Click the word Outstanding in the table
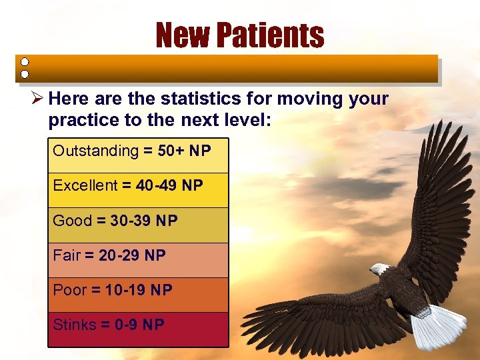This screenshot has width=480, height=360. click(95, 151)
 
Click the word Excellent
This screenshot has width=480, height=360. click(85, 185)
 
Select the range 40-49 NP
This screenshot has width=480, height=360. click(169, 185)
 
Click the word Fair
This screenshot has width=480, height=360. click(67, 255)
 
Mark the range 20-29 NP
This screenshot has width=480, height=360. click(132, 255)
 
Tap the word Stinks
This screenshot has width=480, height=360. click(75, 325)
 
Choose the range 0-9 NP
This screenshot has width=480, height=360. click(139, 325)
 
